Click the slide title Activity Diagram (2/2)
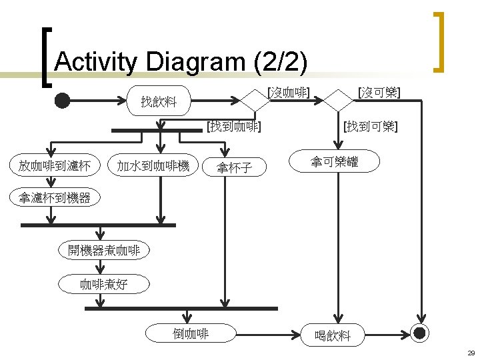[x=181, y=62]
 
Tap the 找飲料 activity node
[x=159, y=101]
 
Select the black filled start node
[x=62, y=101]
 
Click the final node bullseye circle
[x=420, y=333]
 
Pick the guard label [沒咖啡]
[x=287, y=93]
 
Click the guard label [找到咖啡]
[x=233, y=125]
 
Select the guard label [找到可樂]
[x=371, y=125]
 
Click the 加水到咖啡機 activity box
[x=153, y=165]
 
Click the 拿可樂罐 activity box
[x=335, y=161]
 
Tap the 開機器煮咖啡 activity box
[x=103, y=251]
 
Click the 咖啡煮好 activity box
[x=103, y=284]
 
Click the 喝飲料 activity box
[x=332, y=335]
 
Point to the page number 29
[x=470, y=353]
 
